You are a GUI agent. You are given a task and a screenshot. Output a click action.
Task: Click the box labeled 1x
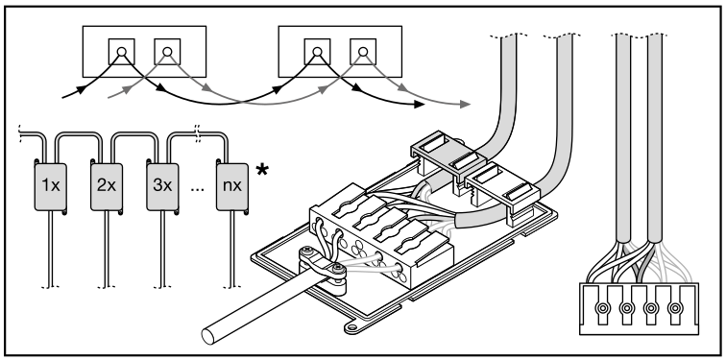click(51, 186)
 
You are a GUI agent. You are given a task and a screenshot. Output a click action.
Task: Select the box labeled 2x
click(107, 186)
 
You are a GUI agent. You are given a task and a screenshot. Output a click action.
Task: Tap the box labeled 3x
click(162, 186)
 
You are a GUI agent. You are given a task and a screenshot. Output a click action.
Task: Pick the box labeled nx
click(232, 186)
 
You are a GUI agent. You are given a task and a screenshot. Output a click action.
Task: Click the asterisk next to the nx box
click(262, 170)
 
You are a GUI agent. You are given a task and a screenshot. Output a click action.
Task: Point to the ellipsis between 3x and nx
click(197, 190)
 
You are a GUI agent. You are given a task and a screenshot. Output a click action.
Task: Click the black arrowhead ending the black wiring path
click(419, 105)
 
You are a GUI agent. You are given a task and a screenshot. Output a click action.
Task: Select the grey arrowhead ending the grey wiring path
click(466, 105)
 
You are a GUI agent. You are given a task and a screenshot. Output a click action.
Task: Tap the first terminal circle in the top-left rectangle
click(121, 52)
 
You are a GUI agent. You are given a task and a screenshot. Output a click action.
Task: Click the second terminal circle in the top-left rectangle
click(167, 52)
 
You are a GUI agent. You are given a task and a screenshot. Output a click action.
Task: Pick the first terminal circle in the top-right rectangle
click(317, 52)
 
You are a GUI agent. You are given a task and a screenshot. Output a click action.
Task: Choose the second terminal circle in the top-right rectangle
click(363, 52)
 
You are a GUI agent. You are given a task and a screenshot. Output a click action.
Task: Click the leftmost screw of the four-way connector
click(602, 308)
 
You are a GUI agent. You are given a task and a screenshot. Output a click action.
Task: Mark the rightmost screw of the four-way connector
click(675, 308)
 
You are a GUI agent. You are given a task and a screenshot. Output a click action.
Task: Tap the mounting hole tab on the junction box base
click(352, 327)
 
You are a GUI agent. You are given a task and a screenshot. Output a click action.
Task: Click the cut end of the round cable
click(208, 336)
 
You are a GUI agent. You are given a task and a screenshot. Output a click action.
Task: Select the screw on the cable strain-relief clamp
click(339, 268)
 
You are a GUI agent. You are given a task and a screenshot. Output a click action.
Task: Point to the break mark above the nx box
click(198, 132)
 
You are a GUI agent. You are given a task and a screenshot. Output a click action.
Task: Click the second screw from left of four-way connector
click(627, 308)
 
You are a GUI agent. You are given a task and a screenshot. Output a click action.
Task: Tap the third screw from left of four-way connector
click(651, 308)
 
